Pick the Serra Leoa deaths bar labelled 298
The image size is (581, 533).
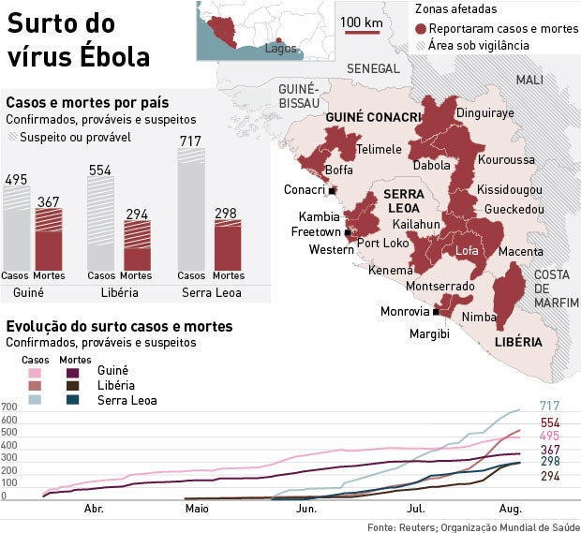[x=228, y=244]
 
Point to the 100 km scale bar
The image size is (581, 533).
[x=361, y=31]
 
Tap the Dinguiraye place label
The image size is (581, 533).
[x=484, y=113]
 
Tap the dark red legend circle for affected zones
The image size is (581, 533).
[x=421, y=30]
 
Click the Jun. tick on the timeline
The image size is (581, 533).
[x=305, y=510]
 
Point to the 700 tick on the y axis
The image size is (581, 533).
[x=9, y=407]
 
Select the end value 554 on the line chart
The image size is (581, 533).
[x=550, y=423]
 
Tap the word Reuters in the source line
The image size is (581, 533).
[x=416, y=526]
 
